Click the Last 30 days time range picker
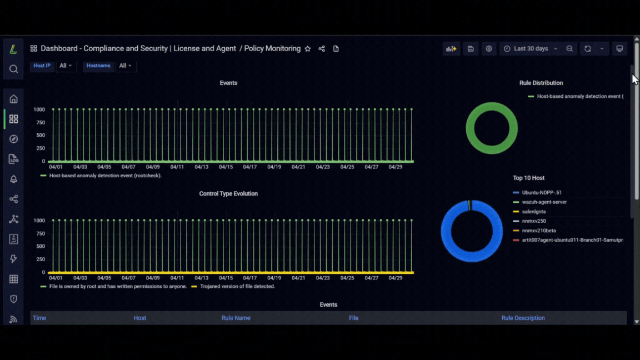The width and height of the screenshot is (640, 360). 531,48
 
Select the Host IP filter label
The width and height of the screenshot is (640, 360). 42,66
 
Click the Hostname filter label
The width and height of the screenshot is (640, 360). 98,66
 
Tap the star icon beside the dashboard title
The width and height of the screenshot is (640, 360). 308,48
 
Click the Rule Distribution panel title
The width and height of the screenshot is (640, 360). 541,83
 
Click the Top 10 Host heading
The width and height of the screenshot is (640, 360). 528,178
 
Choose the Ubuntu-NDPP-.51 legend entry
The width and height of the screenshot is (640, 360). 542,193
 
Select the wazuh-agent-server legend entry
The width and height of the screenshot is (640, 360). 544,202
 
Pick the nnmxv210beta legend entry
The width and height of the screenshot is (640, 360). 539,231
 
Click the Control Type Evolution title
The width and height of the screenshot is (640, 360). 228,194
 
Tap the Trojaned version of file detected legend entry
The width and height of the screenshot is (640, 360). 237,287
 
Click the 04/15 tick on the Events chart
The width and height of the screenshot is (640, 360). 226,167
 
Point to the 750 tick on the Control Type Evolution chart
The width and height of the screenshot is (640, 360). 40,233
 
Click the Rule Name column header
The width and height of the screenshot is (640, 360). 236,318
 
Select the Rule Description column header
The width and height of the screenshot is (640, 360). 523,318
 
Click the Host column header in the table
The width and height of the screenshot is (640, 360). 139,318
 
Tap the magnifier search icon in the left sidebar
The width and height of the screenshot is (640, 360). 13,69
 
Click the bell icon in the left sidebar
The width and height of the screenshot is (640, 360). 13,179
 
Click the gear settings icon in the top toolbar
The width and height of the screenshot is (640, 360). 488,48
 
